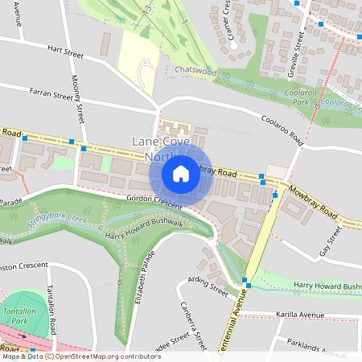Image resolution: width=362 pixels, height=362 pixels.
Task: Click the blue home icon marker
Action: pyautogui.click(x=181, y=173)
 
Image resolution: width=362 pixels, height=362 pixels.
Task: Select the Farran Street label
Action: pyautogui.click(x=51, y=93)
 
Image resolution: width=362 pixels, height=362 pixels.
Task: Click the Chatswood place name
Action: pyautogui.click(x=195, y=71)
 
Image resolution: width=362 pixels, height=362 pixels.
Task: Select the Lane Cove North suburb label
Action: pyautogui.click(x=153, y=149)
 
